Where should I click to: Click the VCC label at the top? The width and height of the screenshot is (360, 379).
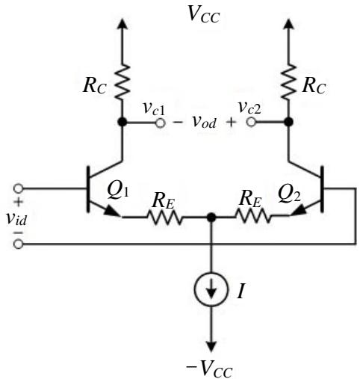click(204, 15)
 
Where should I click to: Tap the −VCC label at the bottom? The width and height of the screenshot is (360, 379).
click(209, 369)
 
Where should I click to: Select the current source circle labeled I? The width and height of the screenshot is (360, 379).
click(211, 289)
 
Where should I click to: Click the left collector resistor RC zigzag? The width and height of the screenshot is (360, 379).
click(122, 82)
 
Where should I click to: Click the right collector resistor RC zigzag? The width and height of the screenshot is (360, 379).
click(288, 82)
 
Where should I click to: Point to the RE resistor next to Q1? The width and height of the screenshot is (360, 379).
click(165, 217)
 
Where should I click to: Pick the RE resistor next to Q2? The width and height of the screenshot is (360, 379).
click(252, 216)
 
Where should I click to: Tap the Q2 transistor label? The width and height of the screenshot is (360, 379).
click(289, 194)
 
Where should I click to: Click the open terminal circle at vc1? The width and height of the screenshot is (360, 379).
click(161, 123)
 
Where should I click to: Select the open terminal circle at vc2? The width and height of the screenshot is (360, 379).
click(251, 122)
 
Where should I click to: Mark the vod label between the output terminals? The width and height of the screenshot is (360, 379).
click(204, 122)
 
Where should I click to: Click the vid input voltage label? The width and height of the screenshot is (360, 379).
click(16, 219)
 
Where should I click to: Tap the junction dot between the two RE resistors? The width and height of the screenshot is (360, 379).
click(211, 218)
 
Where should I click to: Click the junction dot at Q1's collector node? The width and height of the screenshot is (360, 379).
click(122, 122)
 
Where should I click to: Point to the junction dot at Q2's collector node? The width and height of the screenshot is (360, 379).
click(288, 122)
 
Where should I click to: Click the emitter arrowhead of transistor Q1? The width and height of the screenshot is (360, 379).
click(111, 212)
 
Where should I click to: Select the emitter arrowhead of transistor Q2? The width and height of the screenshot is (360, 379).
click(298, 210)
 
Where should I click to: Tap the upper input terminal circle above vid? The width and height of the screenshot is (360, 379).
click(18, 188)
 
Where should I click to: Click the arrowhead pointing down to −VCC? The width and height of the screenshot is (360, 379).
click(211, 347)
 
